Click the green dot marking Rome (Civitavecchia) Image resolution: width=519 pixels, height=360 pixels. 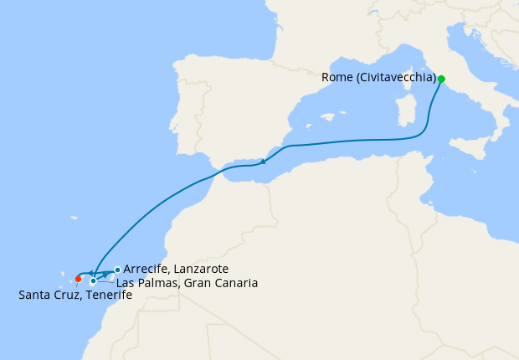[441, 80]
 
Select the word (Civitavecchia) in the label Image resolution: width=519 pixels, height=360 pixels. [396, 79]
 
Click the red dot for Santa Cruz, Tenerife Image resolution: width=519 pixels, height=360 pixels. [78, 279]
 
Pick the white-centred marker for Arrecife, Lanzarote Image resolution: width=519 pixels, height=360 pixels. [117, 270]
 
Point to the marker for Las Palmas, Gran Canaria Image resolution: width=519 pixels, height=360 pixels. [93, 280]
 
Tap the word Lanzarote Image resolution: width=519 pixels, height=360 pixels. [202, 270]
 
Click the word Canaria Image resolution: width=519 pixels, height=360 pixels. [235, 283]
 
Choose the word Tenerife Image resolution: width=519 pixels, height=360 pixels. [108, 295]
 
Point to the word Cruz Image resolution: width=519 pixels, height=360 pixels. [65, 295]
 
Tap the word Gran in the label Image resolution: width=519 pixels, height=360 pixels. [198, 283]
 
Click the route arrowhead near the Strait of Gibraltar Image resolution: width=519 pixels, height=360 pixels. [263, 162]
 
